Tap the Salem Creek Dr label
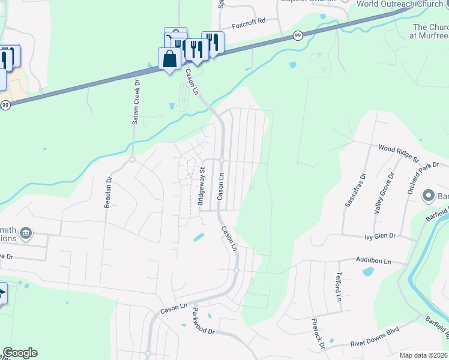tap(136, 103)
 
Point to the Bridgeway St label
tap(202, 187)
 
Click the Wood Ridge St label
tap(398, 152)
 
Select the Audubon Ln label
tap(373, 262)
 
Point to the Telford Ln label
tap(338, 286)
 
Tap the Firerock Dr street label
tap(318, 333)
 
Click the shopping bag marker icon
tap(169, 59)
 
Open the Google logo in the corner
tap(20, 353)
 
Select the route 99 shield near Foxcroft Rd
tap(298, 37)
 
